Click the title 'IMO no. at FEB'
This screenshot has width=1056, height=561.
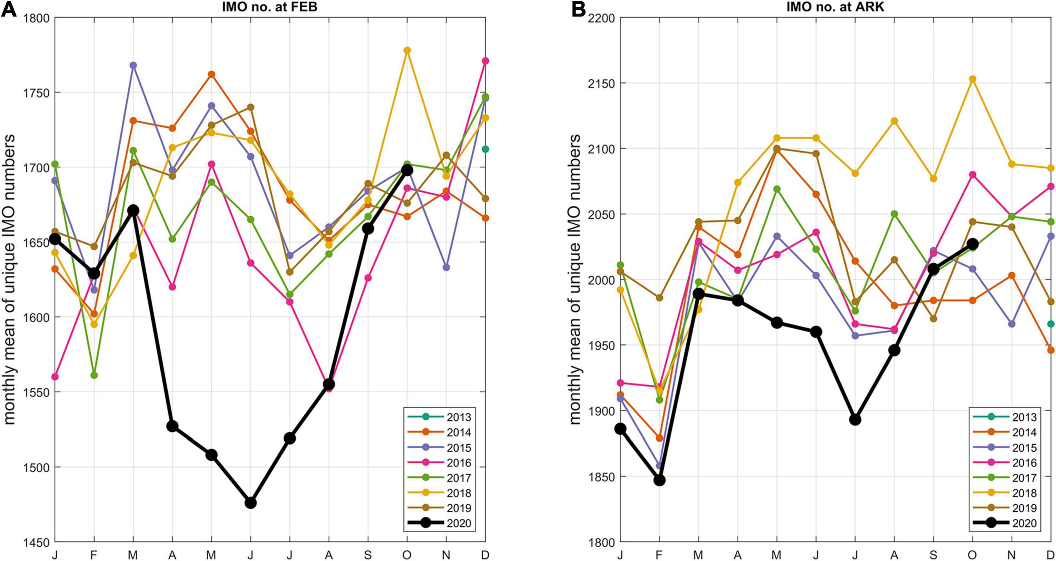pyautogui.click(x=269, y=7)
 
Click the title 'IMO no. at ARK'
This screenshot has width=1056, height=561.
pyautogui.click(x=835, y=7)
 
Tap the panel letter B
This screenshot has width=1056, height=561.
pyautogui.click(x=578, y=9)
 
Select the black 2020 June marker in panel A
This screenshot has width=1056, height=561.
pyautogui.click(x=250, y=503)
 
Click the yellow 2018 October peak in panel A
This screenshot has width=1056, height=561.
pyautogui.click(x=407, y=50)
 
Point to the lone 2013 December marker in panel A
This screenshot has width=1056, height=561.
pyautogui.click(x=485, y=149)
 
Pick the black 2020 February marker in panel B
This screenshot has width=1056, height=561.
pyautogui.click(x=659, y=480)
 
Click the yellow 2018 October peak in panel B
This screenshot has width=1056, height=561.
pyautogui.click(x=973, y=79)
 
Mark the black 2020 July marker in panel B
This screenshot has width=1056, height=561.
pyautogui.click(x=855, y=419)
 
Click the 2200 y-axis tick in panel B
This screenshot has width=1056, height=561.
pyautogui.click(x=601, y=18)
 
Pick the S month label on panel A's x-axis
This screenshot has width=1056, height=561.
pyautogui.click(x=368, y=555)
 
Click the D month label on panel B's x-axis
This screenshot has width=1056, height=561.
pyautogui.click(x=1051, y=555)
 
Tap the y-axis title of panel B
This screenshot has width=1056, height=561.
pyautogui.click(x=575, y=280)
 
